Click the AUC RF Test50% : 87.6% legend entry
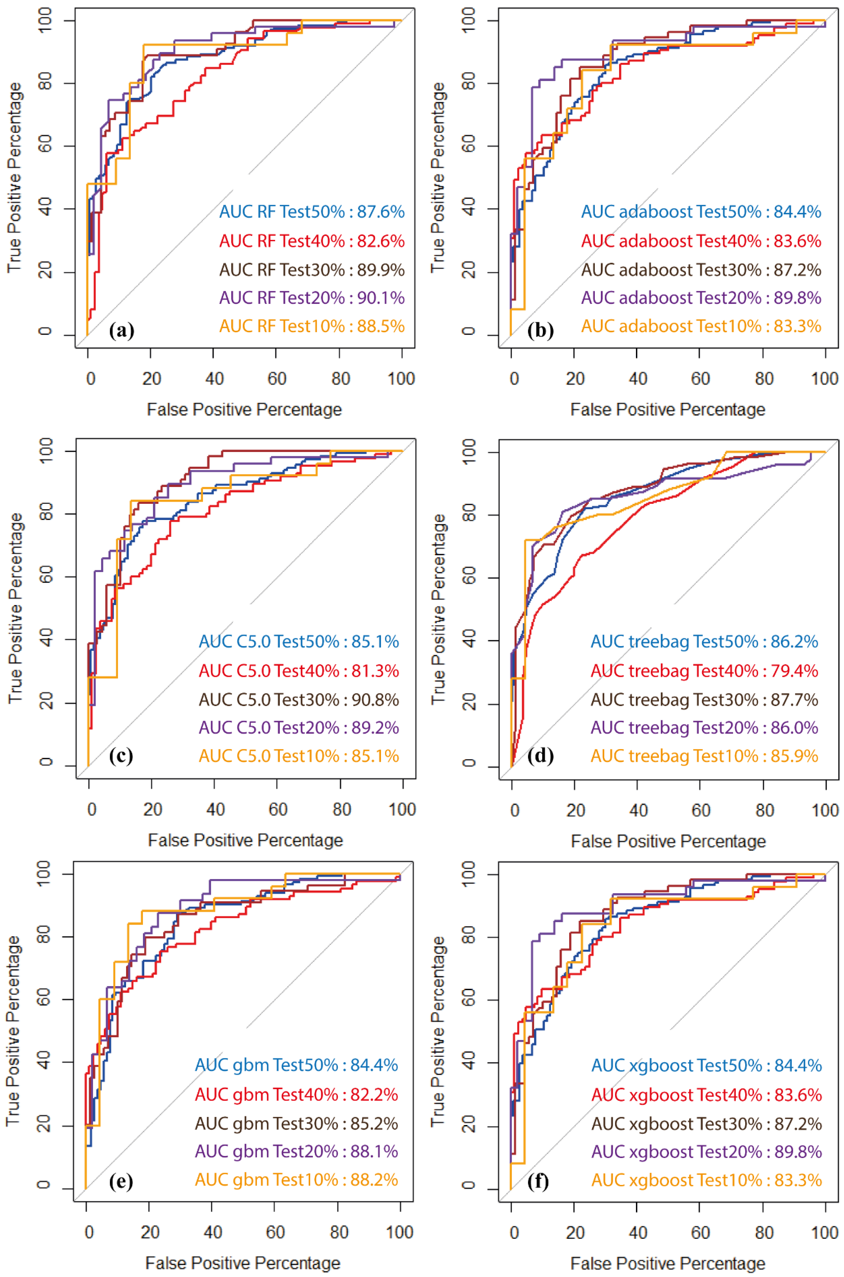[x=312, y=212]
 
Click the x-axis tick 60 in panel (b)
[x=700, y=379]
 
